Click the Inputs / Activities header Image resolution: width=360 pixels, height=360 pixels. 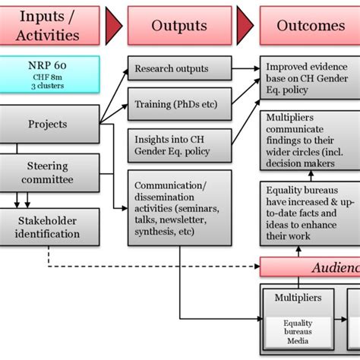(x=49, y=25)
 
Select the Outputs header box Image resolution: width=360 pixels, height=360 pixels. (x=178, y=25)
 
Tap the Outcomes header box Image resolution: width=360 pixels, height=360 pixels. (x=310, y=25)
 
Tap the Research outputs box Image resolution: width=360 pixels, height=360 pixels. (x=178, y=69)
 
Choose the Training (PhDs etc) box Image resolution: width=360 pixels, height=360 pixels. (x=178, y=104)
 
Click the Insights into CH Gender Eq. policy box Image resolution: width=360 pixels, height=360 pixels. (x=178, y=145)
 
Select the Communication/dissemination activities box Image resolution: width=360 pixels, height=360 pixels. (x=178, y=208)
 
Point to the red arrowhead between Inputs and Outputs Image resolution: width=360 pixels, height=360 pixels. (x=114, y=25)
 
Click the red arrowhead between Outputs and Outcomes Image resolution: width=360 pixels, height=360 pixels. (x=245, y=25)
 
